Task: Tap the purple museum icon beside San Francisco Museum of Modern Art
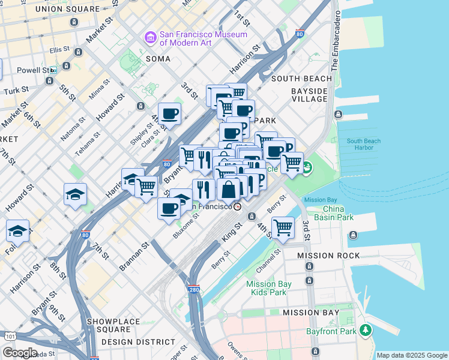coord(150,38)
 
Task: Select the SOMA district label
coord(158,59)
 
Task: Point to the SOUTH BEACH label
coord(301,79)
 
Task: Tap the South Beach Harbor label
coord(363,145)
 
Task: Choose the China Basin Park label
coord(337,213)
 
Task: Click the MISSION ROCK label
coord(329,256)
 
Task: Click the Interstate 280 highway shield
coord(193,289)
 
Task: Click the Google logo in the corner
coord(19,352)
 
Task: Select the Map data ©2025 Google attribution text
coord(412,355)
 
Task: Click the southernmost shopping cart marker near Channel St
coord(283,227)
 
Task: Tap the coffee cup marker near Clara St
coord(169,113)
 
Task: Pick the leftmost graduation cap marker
coord(18,231)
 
